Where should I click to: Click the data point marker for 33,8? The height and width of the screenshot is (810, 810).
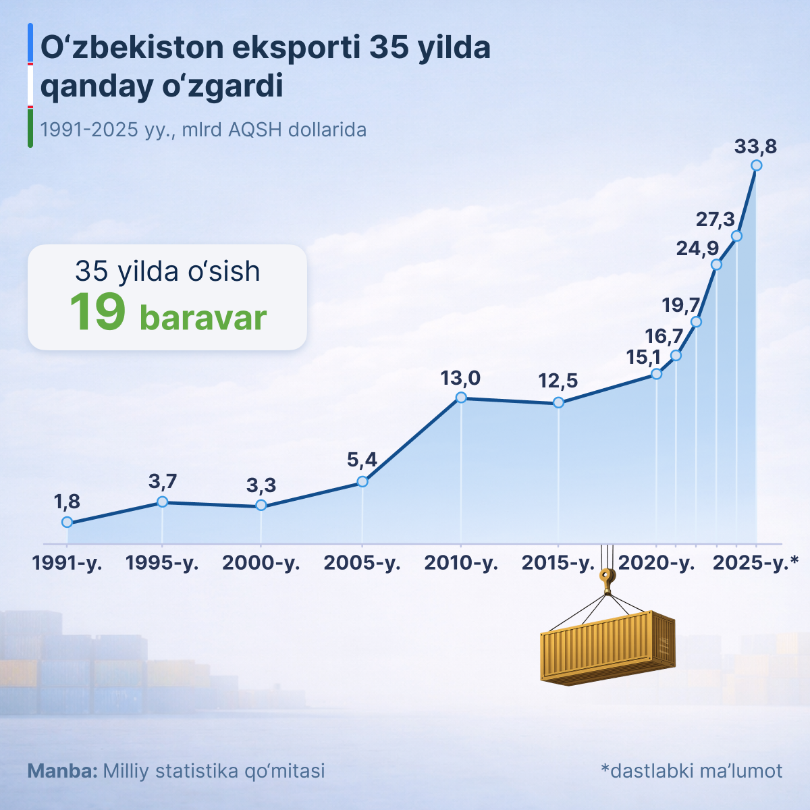[x=756, y=165]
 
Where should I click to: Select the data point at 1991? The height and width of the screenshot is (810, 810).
[x=67, y=522]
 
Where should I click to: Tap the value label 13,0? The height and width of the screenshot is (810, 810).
[x=460, y=378]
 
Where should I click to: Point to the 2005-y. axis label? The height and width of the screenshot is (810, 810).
[x=362, y=563]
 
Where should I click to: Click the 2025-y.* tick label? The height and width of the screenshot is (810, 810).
[x=755, y=563]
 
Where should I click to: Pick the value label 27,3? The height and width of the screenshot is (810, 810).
[x=715, y=219]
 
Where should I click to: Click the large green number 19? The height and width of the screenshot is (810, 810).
[x=98, y=313]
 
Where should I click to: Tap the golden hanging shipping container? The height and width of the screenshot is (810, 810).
[x=607, y=647]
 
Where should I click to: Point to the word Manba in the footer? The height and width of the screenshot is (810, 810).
[x=62, y=771]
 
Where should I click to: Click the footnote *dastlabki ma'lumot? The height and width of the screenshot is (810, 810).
[x=691, y=771]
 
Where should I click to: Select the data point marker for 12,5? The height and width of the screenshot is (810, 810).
[x=558, y=402]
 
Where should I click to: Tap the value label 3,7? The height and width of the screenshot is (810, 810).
[x=162, y=481]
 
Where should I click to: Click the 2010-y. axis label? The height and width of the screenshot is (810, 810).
[x=461, y=563]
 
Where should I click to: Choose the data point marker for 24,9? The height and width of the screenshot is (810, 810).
[x=716, y=265]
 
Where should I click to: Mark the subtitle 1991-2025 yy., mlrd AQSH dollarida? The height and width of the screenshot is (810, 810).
[x=203, y=130]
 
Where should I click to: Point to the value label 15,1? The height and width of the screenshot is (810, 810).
[x=643, y=357]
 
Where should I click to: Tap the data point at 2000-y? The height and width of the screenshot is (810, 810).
[x=261, y=506]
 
